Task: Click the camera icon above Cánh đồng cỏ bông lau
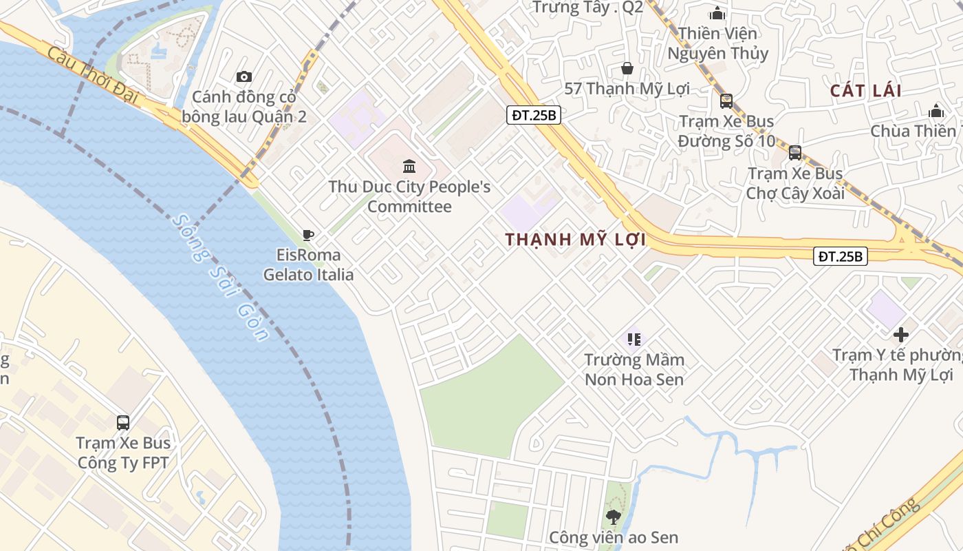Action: tap(244, 76)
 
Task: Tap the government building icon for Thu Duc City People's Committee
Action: tap(409, 166)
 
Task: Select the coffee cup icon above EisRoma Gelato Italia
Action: tap(308, 236)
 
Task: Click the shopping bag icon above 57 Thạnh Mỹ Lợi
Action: tap(627, 68)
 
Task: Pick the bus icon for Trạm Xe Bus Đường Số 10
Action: tap(726, 101)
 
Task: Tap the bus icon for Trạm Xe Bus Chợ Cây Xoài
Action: tap(795, 153)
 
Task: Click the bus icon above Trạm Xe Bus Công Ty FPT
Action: tap(123, 422)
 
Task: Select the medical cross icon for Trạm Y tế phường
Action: tap(900, 335)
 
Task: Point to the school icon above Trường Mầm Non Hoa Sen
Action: tap(634, 339)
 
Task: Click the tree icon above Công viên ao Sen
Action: tap(613, 516)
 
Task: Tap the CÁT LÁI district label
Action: tap(865, 91)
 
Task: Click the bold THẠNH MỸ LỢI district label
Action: tap(576, 240)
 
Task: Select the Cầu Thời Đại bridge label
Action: tap(94, 76)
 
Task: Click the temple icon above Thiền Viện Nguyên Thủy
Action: tap(717, 13)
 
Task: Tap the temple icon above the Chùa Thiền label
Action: tap(935, 111)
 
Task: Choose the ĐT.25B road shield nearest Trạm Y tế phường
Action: tap(841, 256)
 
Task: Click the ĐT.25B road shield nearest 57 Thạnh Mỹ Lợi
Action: tap(534, 115)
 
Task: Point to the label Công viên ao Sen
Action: tap(614, 537)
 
